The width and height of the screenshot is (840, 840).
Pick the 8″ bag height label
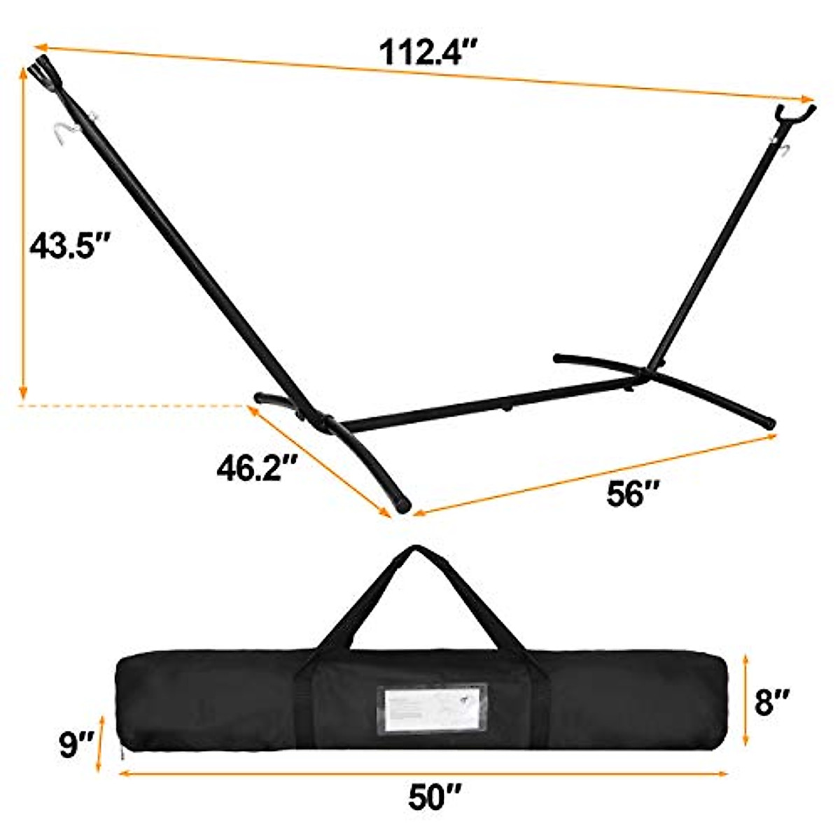773,701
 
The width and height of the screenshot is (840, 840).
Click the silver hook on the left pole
64,132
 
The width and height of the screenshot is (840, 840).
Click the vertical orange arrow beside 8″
747,700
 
